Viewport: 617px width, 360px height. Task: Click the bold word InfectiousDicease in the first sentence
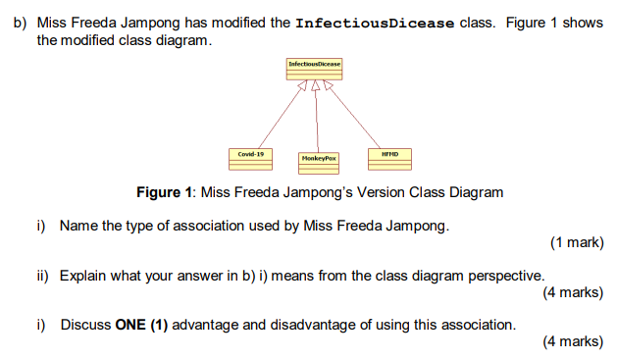point(376,23)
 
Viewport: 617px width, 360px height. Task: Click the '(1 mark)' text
point(577,242)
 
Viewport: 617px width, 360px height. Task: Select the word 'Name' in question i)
point(78,226)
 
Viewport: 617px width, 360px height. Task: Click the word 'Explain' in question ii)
point(83,276)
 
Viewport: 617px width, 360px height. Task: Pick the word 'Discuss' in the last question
point(85,325)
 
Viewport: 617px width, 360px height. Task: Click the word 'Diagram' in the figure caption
point(476,192)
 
